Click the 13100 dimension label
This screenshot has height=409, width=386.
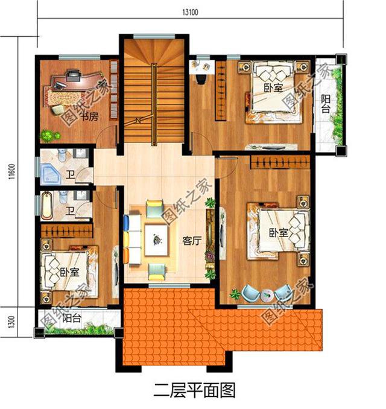click(x=190, y=12)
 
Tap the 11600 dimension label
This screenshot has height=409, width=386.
click(x=11, y=172)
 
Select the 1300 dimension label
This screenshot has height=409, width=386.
click(x=11, y=322)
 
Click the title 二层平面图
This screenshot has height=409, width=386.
click(x=194, y=391)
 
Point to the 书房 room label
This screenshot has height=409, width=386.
click(x=89, y=116)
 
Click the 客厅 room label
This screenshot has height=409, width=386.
click(x=192, y=241)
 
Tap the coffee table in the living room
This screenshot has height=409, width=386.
click(x=156, y=240)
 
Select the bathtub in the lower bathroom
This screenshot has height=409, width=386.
click(x=46, y=205)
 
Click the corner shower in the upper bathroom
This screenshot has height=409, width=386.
click(x=50, y=174)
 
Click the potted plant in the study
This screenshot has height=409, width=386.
click(x=49, y=136)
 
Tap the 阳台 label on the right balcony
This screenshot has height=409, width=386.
click(x=325, y=104)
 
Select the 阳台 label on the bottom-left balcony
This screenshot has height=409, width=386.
click(x=72, y=318)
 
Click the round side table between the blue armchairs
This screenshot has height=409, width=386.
click(x=267, y=296)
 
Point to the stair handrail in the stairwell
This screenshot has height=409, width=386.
click(x=154, y=104)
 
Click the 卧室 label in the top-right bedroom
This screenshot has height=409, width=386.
click(x=273, y=87)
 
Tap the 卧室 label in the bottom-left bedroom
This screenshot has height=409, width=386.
click(x=69, y=272)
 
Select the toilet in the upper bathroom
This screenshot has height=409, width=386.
click(x=63, y=155)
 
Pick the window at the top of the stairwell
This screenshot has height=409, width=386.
click(x=154, y=36)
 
